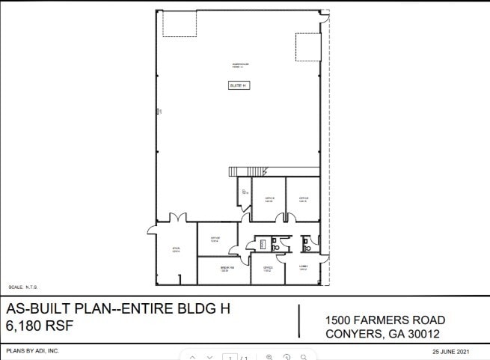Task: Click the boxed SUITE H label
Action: pos(238,86)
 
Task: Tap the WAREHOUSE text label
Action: pos(240,66)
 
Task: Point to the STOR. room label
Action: pos(177,250)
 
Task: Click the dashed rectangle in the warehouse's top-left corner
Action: pos(180,25)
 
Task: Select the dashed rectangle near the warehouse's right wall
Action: pos(307,47)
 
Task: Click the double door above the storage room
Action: pos(177,218)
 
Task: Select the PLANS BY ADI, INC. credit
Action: pos(32,350)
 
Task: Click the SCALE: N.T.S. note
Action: pos(23,287)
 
